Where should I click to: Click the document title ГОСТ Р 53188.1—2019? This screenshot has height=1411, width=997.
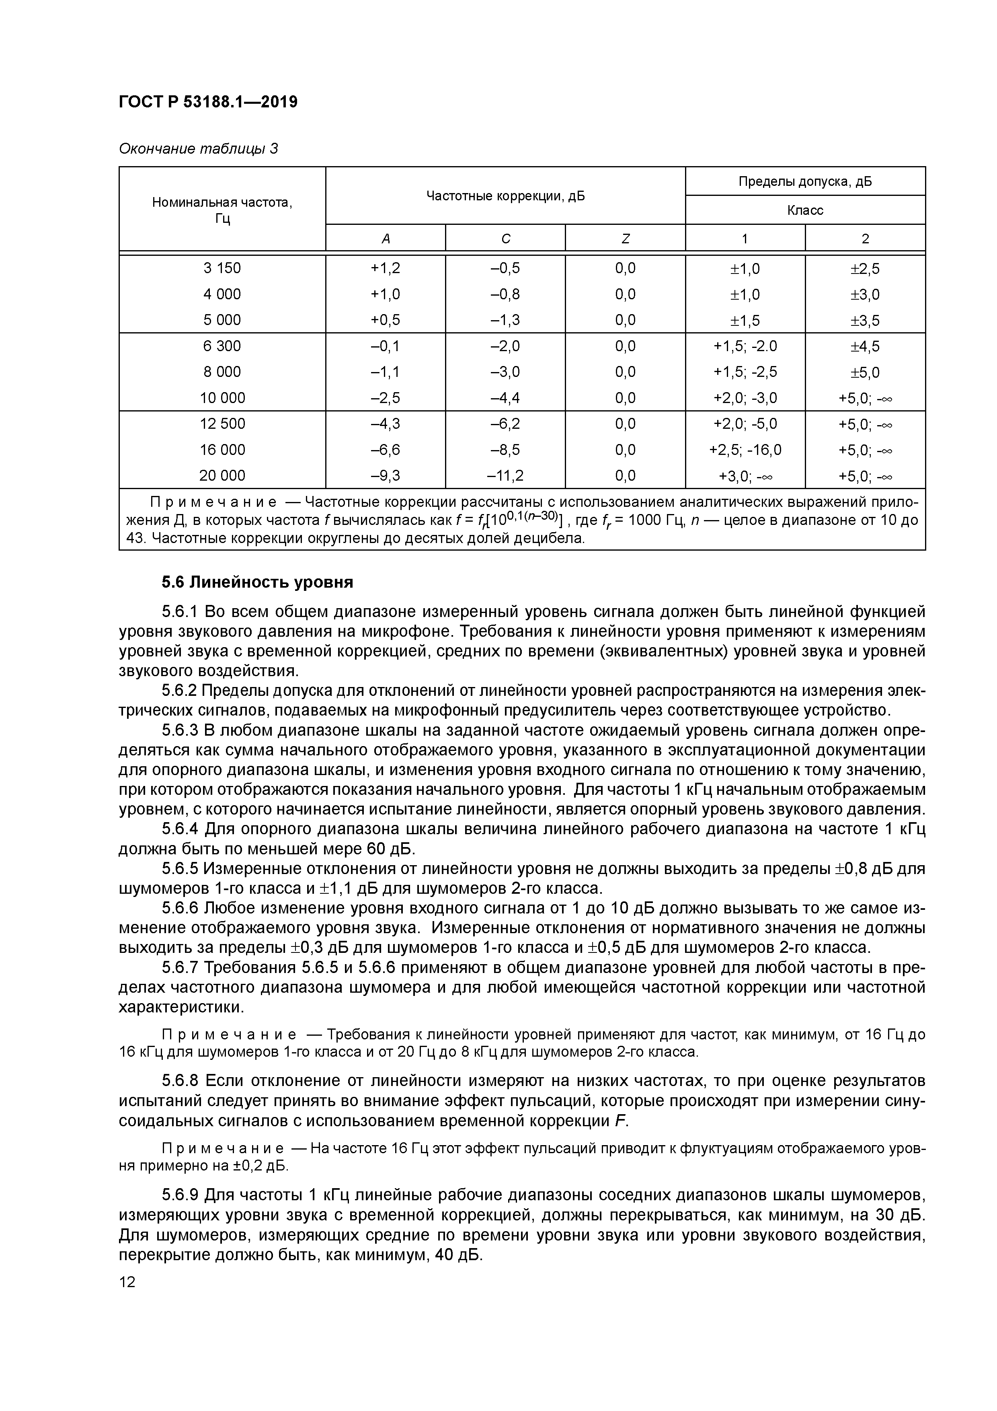tap(207, 101)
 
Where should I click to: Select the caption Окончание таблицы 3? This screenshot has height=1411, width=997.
tap(198, 149)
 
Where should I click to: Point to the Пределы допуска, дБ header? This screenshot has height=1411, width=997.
tap(805, 181)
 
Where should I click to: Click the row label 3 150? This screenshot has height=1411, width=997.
tap(222, 268)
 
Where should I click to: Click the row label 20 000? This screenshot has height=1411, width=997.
tap(222, 475)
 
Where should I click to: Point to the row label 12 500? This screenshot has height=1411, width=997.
tap(222, 424)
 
